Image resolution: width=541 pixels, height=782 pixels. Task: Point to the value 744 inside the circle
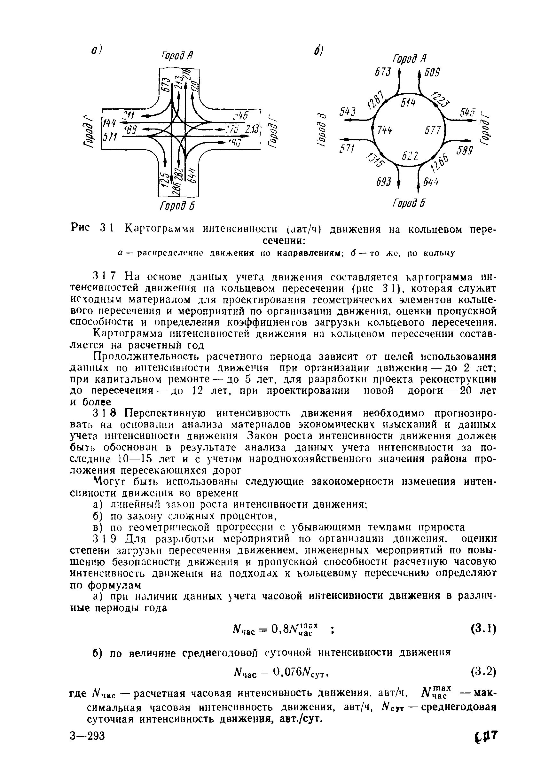(385, 130)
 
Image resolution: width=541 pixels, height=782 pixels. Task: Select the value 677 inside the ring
(433, 130)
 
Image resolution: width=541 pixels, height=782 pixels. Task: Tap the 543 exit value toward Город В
(348, 112)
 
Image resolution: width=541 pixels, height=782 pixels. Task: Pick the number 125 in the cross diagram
(165, 180)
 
